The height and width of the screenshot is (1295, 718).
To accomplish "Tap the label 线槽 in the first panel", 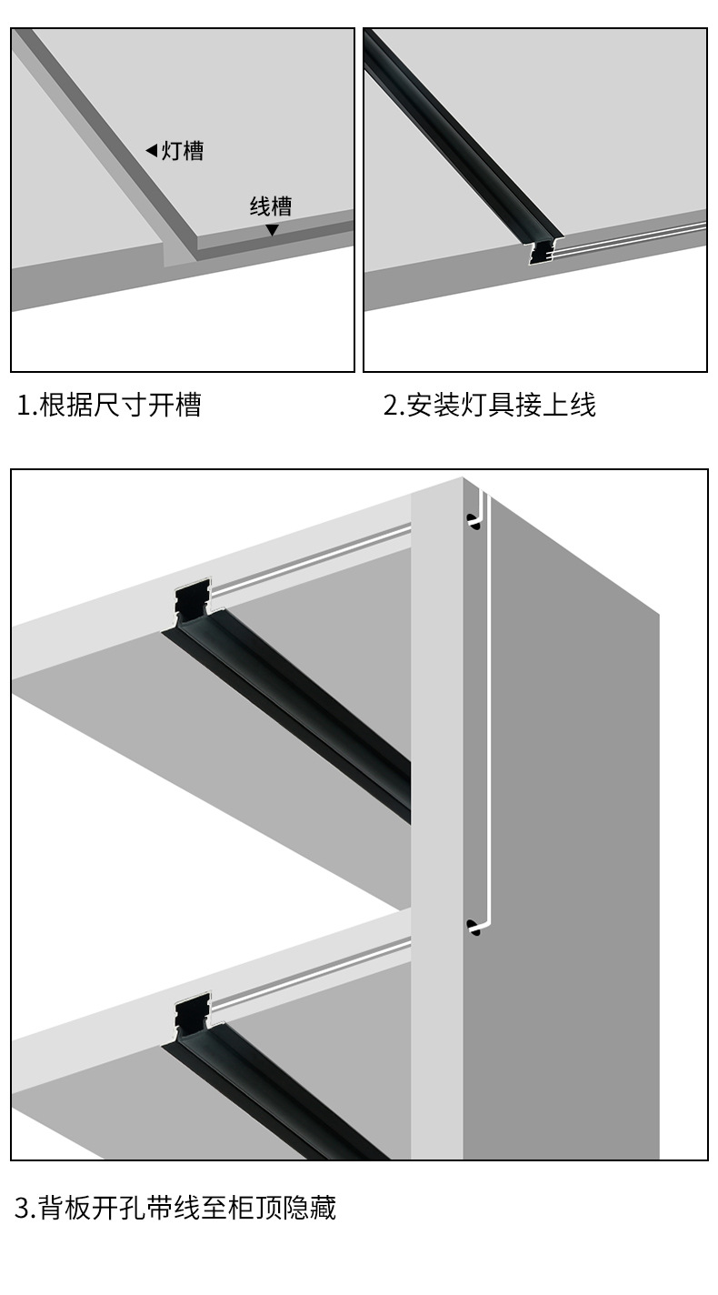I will [x=271, y=206].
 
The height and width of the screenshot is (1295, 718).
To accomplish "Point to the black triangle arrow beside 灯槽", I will [x=151, y=151].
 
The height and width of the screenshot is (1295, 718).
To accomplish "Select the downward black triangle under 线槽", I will [x=272, y=230].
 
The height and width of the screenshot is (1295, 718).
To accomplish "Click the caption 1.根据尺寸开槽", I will [x=109, y=405].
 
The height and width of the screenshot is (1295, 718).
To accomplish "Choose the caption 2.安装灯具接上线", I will [x=489, y=405].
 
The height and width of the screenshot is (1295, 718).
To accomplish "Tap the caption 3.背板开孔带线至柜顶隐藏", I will [x=175, y=1209].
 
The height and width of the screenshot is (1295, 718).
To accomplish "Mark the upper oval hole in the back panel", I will [x=473, y=522].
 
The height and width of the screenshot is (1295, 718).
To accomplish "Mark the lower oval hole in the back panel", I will [x=473, y=928].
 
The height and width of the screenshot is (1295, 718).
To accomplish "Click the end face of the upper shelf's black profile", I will [x=193, y=600].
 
